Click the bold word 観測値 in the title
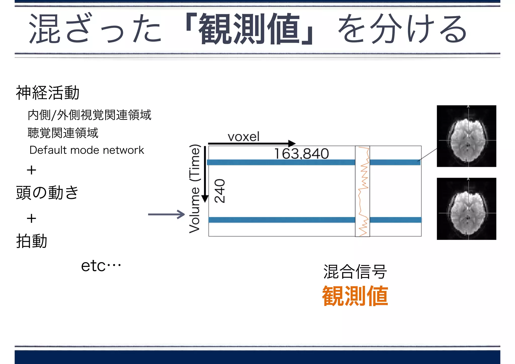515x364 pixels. pos(249,29)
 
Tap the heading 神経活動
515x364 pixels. pos(48,93)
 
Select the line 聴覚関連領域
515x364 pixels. pos(63,133)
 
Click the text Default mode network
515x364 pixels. pos(87,150)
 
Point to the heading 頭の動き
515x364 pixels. pos(47,193)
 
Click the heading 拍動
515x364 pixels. pos(32,241)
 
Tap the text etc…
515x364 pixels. pos(101,266)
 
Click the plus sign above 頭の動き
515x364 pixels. pos(31,170)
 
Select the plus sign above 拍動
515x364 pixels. pos(31,218)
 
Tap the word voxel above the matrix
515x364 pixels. pos(243,137)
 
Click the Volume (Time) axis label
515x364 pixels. pos(195,189)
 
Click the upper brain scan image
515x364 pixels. pos(466,136)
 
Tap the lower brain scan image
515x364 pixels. pos(466,209)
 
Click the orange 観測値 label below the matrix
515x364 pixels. pos(355,296)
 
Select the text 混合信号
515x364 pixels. pos(355,272)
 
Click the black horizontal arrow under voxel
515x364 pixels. pos(251,144)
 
